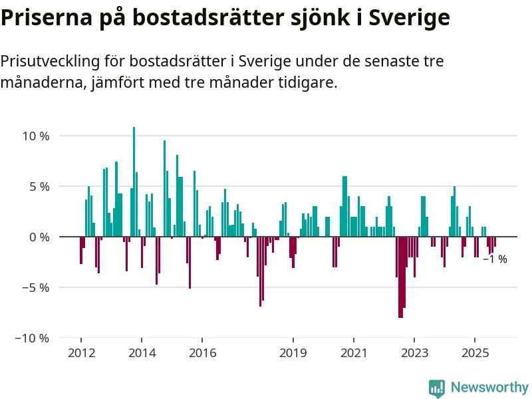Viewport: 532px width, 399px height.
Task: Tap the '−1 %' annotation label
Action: coord(494,259)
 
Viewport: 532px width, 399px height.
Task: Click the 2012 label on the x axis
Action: coord(81,352)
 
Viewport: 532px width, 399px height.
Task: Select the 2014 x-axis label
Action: coord(142,352)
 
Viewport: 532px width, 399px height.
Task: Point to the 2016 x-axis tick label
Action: coord(202,352)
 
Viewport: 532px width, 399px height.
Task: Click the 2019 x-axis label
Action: coord(293,352)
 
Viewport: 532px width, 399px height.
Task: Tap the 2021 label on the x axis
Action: coord(354,352)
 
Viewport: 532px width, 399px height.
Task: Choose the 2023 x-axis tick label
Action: coord(414,352)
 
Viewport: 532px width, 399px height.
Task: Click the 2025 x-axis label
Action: coord(475,352)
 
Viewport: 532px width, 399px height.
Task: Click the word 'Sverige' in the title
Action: coord(409,18)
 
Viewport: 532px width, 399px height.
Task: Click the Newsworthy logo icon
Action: coord(437,388)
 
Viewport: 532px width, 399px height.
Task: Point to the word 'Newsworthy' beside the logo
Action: coord(489,387)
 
